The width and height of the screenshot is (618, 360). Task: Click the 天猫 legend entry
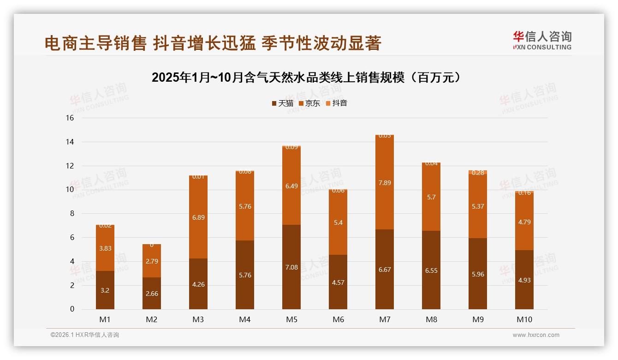(282, 103)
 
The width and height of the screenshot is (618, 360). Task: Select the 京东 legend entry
(309, 103)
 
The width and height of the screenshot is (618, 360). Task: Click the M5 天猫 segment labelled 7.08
(291, 267)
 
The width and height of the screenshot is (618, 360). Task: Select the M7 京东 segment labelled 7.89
(385, 183)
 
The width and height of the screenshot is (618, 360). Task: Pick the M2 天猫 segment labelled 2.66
(152, 294)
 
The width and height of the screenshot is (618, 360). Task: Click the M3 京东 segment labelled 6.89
(198, 217)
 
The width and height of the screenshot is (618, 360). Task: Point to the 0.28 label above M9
(478, 173)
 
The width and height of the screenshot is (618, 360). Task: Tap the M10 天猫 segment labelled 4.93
(524, 280)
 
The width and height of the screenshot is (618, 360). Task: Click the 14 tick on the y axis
(70, 142)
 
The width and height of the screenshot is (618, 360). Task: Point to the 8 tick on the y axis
(72, 214)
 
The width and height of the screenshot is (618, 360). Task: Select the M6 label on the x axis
(338, 319)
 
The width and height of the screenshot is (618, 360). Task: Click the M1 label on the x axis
(105, 319)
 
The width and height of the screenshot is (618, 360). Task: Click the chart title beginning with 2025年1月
(306, 78)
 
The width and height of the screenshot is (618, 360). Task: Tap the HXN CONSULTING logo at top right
(542, 41)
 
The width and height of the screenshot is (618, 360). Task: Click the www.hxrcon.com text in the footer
(536, 335)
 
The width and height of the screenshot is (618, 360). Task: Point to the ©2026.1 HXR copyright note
(85, 335)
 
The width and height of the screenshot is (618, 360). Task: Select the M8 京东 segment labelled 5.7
(431, 197)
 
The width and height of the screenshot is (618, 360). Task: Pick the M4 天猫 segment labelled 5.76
(245, 275)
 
